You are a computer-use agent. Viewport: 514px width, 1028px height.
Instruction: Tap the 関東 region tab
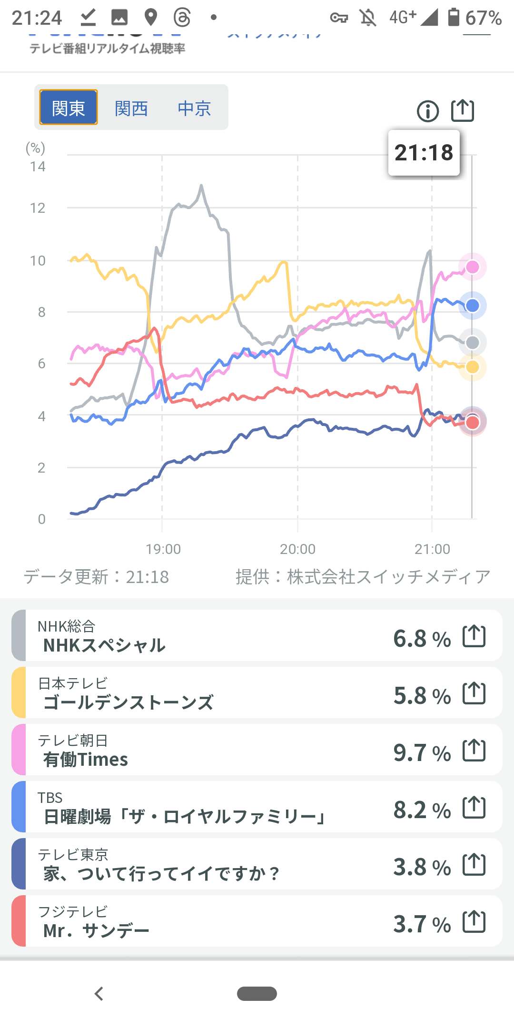click(x=69, y=108)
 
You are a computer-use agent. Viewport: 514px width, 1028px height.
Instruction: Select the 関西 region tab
click(x=131, y=109)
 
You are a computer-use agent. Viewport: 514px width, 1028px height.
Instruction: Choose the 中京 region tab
click(x=194, y=109)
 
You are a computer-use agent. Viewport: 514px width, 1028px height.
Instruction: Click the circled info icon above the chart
click(x=427, y=111)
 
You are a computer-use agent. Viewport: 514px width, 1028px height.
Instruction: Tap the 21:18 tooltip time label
click(x=424, y=153)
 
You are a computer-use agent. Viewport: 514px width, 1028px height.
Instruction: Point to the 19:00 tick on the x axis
click(x=163, y=549)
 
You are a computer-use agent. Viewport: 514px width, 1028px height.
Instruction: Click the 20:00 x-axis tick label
click(x=297, y=549)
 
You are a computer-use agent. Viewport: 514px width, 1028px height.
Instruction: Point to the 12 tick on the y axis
click(x=38, y=208)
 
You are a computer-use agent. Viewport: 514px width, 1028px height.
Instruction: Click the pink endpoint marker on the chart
click(x=472, y=267)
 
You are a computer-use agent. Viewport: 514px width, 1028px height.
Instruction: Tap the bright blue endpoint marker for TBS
click(x=472, y=306)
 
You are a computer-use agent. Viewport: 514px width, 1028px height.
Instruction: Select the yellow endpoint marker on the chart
click(x=472, y=367)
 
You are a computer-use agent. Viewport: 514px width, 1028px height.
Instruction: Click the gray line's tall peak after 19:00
click(x=201, y=186)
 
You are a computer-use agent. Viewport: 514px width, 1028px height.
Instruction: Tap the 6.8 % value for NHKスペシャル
click(x=422, y=638)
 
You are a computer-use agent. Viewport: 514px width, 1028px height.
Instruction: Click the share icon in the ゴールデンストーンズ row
click(x=474, y=693)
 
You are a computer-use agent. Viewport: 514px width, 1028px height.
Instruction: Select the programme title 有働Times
click(x=86, y=760)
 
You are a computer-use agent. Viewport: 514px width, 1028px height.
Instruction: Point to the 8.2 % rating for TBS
click(x=422, y=810)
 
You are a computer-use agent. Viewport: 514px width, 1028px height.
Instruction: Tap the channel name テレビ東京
click(x=73, y=855)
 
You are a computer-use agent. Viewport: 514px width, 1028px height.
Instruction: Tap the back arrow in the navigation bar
click(x=99, y=994)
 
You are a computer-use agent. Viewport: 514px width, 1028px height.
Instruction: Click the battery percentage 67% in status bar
click(x=483, y=18)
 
